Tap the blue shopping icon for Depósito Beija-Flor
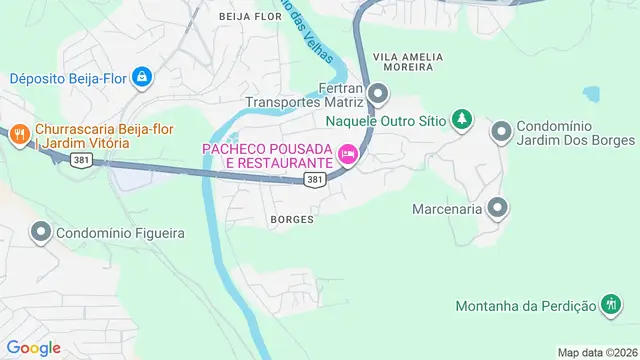pyautogui.click(x=143, y=76)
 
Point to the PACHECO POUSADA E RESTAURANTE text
pyautogui.click(x=266, y=155)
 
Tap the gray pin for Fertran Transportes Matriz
pyautogui.click(x=378, y=95)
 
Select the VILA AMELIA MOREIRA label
pyautogui.click(x=404, y=60)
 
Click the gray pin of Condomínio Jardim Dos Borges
pyautogui.click(x=501, y=131)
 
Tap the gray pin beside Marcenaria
pyautogui.click(x=499, y=209)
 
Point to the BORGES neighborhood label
pyautogui.click(x=292, y=219)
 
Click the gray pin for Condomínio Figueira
pyautogui.click(x=41, y=233)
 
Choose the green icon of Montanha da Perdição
pyautogui.click(x=611, y=305)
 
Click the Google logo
pyautogui.click(x=35, y=347)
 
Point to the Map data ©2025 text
pyautogui.click(x=597, y=352)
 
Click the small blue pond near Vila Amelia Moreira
pyautogui.click(x=591, y=95)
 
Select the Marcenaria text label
pyautogui.click(x=447, y=210)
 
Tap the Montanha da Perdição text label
pyautogui.click(x=525, y=305)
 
